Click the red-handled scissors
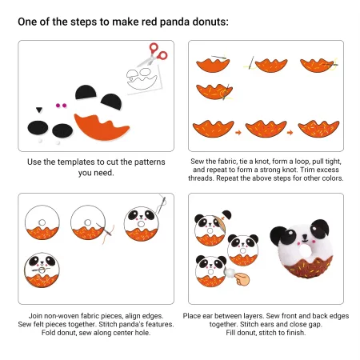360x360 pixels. [x=154, y=54]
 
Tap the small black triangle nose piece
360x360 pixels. [x=39, y=110]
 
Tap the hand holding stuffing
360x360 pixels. [x=242, y=279]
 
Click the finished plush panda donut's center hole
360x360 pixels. [x=306, y=250]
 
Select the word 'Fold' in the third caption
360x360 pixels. [x=48, y=333]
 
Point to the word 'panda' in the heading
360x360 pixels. [x=174, y=22]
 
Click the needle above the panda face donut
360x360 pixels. [x=161, y=205]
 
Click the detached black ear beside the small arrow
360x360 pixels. [x=227, y=214]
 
